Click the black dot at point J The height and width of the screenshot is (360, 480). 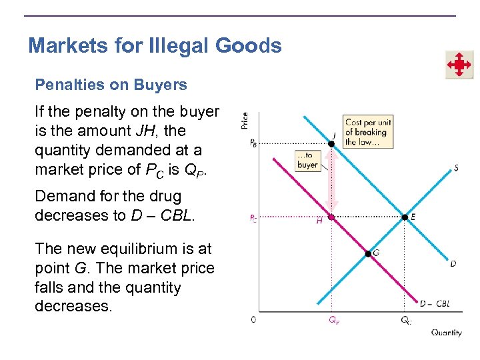pos(333,143)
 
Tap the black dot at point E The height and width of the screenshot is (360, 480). pos(404,217)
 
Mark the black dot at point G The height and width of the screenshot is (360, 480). pos(367,253)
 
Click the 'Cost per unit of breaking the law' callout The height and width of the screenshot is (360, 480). pos(367,132)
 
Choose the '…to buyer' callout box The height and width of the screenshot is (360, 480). pos(307,161)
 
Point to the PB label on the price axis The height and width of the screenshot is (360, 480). pos(253,144)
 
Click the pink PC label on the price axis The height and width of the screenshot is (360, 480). pos(253,218)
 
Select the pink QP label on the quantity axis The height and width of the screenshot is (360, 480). pos(333,321)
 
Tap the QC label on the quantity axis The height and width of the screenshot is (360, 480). pos(405,321)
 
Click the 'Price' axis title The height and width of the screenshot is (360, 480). pos(245,120)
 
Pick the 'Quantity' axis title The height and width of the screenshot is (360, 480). pos(446,333)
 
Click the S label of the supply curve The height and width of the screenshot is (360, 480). pos(456,168)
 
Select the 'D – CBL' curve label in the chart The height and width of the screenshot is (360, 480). pos(435,304)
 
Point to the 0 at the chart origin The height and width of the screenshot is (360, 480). pos(253,320)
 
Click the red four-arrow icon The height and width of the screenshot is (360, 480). pos(459,65)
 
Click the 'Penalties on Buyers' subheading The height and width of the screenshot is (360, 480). pos(111,85)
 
